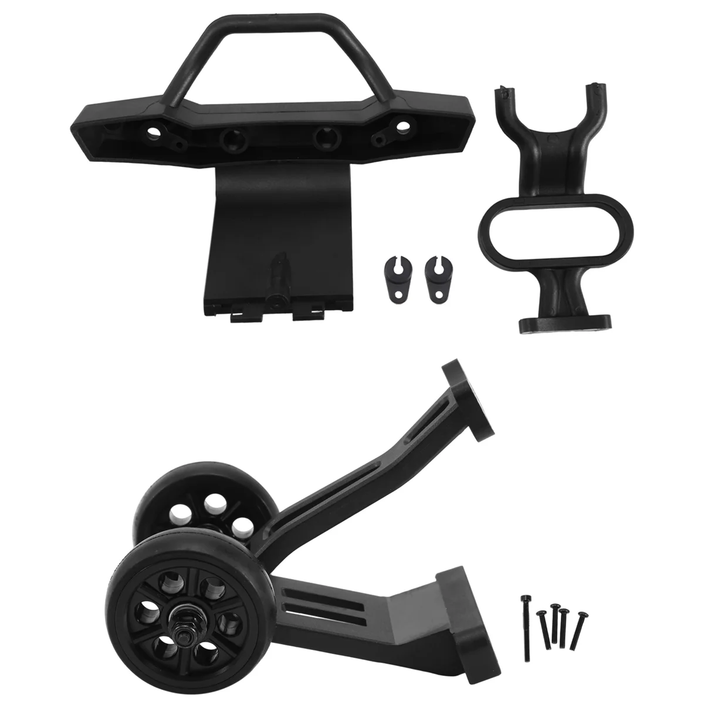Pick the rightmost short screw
580,631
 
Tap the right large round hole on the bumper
323,140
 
